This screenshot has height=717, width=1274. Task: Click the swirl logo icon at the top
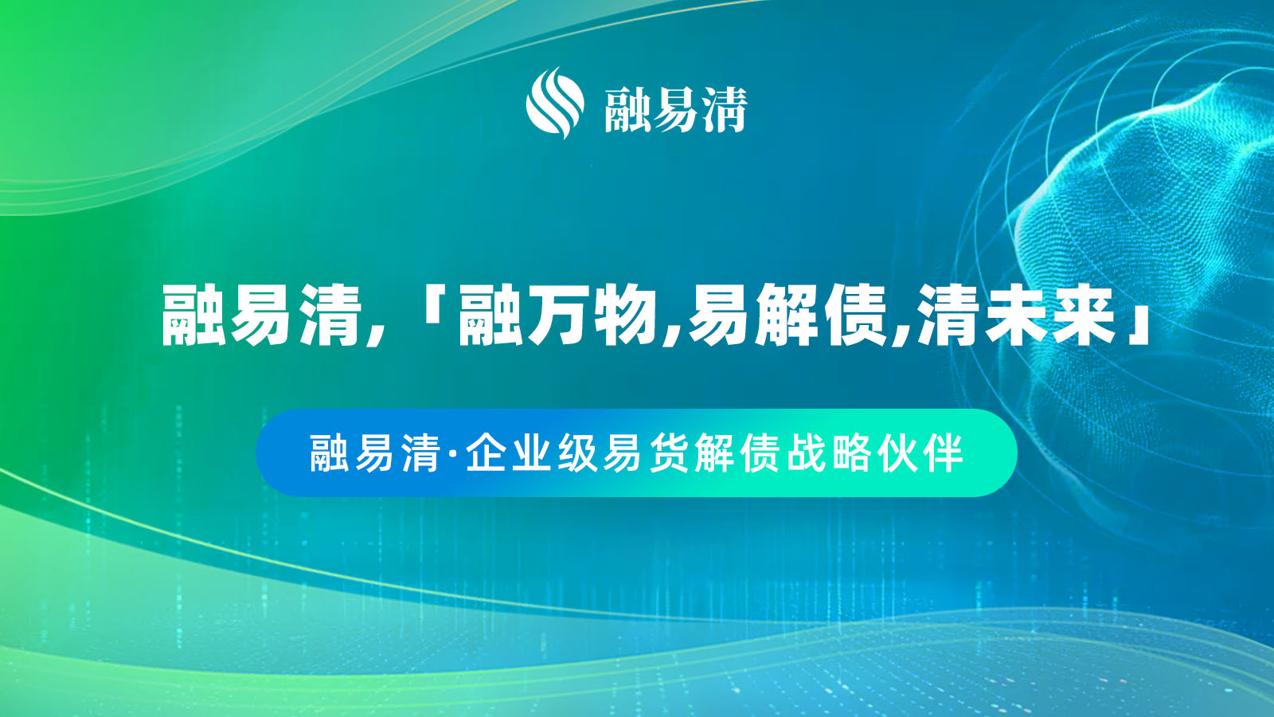(555, 103)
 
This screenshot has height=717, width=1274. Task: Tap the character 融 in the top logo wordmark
(628, 110)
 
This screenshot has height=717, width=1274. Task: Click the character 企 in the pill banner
(487, 453)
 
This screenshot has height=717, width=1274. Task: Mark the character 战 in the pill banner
(807, 453)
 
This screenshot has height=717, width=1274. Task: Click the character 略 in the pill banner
(852, 453)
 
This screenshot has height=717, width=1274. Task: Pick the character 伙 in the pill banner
(897, 453)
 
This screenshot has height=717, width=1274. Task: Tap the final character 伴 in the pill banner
(944, 453)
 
